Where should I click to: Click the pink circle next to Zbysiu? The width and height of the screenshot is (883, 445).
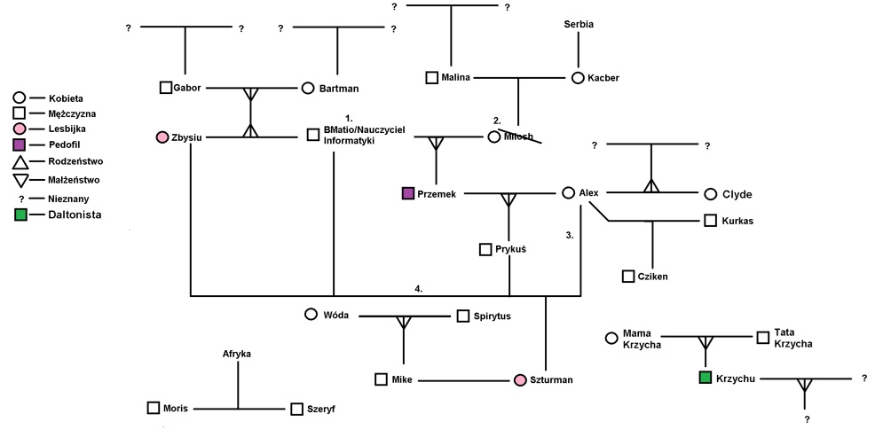162,137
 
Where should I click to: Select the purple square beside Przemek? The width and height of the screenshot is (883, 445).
408,193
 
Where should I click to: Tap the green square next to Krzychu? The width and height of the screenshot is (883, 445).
706,379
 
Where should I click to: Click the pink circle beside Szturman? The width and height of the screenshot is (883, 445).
521,380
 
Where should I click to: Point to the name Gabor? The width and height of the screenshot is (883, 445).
188,88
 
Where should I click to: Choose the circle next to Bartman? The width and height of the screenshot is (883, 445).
308,88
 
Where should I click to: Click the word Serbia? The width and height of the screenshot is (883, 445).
578,24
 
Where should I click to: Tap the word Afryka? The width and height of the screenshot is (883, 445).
237,354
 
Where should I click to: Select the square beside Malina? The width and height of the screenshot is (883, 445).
432,78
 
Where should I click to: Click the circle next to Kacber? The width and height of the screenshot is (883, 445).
578,78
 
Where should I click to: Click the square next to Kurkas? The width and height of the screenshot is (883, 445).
711,220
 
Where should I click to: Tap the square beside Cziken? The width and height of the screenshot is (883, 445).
628,277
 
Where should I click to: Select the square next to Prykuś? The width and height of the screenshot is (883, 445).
485,250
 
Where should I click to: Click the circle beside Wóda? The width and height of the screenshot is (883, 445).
311,314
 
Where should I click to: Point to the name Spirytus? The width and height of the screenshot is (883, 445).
493,316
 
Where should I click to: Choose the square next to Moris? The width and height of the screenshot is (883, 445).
154,408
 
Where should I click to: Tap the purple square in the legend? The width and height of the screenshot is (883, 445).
20,144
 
